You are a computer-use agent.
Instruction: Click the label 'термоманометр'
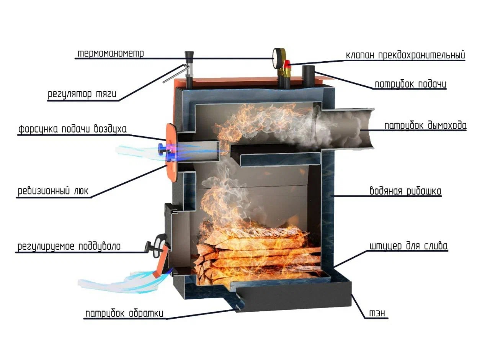point(111,53)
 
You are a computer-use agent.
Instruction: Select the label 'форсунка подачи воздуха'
point(72,129)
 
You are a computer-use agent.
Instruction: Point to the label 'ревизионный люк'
point(53,191)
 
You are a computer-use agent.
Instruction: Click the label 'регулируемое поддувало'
point(69,246)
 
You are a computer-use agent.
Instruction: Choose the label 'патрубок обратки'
point(125,314)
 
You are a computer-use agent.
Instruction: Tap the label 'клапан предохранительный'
point(405,55)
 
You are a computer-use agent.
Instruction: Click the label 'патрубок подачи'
point(410,84)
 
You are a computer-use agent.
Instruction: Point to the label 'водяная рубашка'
point(405,191)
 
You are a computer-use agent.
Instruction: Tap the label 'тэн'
point(378,314)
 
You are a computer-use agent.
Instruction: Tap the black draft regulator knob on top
point(188,58)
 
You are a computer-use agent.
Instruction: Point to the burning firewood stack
point(256,253)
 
